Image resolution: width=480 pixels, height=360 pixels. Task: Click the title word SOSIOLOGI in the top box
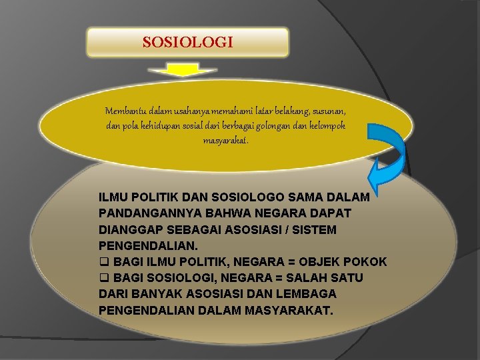[x=188, y=43]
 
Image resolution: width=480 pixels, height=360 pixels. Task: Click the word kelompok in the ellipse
[x=327, y=125]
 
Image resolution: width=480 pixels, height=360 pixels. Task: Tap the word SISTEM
[x=315, y=229]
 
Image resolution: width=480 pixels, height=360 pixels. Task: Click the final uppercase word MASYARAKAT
[x=289, y=310]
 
